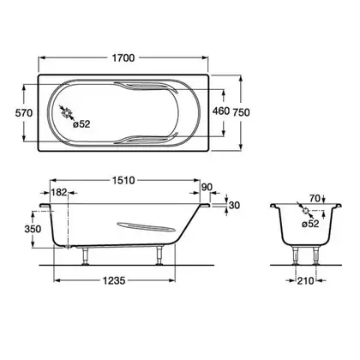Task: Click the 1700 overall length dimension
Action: tap(123, 58)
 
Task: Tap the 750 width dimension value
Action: tap(241, 112)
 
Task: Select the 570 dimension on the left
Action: tap(24, 113)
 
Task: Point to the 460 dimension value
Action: tap(221, 111)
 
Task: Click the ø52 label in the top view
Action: tap(81, 124)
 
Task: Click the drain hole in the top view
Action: tap(67, 113)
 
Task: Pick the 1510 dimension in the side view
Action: tap(123, 180)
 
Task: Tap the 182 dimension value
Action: tap(59, 192)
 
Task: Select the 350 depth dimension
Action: tap(33, 229)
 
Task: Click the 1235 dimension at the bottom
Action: tap(114, 281)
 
